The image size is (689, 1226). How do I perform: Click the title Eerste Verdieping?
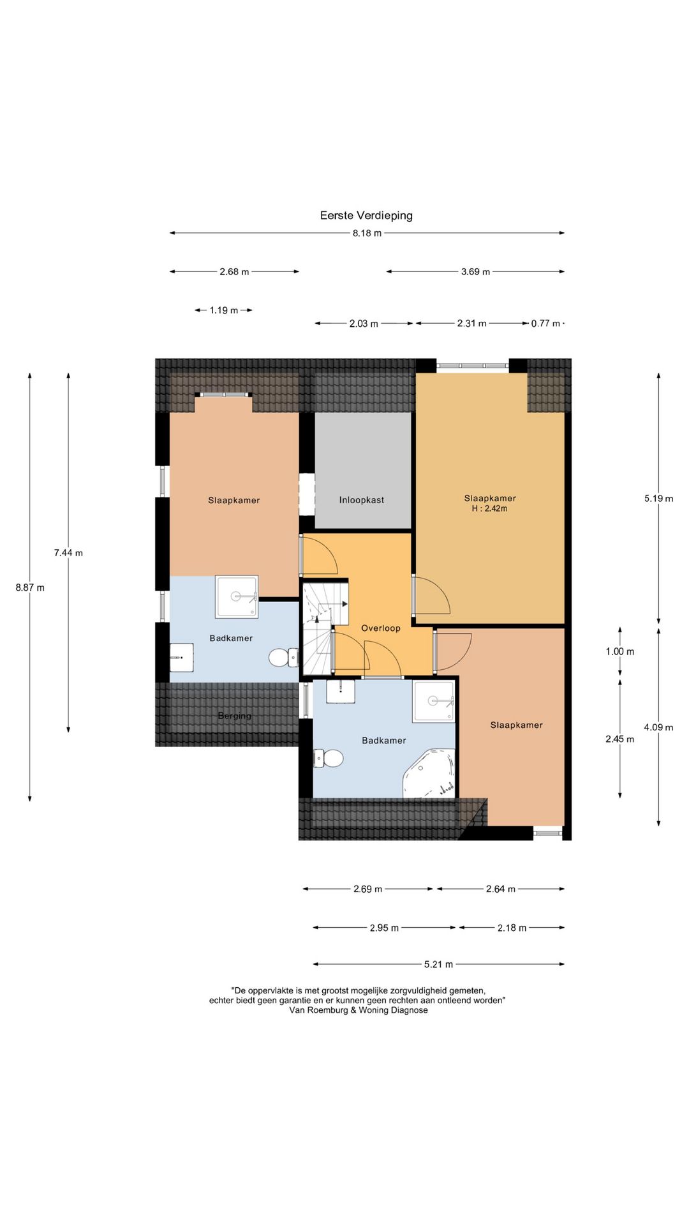pos(366,216)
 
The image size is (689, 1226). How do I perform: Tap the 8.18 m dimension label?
pos(367,233)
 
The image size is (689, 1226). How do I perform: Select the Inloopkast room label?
pos(362,500)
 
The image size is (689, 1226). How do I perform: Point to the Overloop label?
pos(381,628)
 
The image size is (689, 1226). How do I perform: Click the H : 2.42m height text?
pos(489,509)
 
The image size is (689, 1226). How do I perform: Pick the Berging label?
pos(235,716)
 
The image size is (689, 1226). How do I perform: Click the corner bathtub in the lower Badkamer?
pos(429,774)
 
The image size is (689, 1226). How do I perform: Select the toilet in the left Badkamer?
pos(283,657)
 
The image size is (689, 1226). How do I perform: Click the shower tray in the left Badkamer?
pos(237,597)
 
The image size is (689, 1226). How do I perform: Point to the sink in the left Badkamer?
pos(182,657)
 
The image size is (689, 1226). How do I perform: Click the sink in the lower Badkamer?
pos(341,692)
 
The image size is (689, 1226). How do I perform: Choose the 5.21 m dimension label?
pos(439,964)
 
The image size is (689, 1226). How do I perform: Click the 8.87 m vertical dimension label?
pos(30,587)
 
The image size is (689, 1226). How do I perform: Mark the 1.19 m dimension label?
pos(224,310)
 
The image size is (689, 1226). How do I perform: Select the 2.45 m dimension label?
pos(620,739)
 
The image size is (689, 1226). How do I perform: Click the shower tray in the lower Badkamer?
pos(434,701)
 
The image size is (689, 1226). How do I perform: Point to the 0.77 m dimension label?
pos(545,324)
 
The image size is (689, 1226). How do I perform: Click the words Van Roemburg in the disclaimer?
pos(319,1010)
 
